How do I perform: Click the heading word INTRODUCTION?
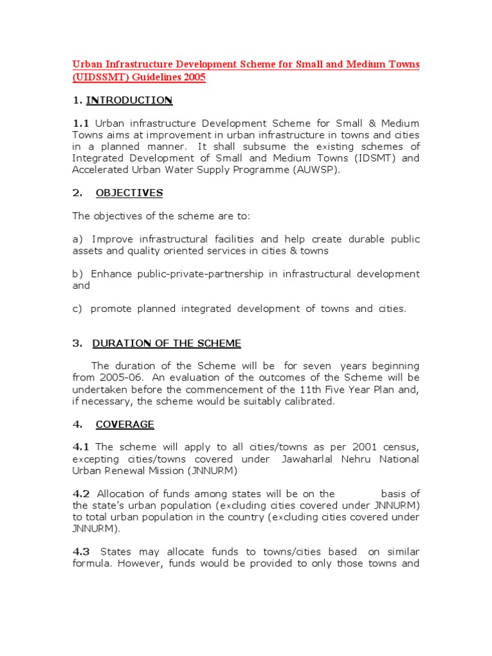click(129, 100)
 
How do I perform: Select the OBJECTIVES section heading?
click(129, 193)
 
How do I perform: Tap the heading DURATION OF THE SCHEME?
click(167, 343)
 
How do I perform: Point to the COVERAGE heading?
click(125, 424)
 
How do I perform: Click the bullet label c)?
click(78, 309)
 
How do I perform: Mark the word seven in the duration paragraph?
click(316, 366)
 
